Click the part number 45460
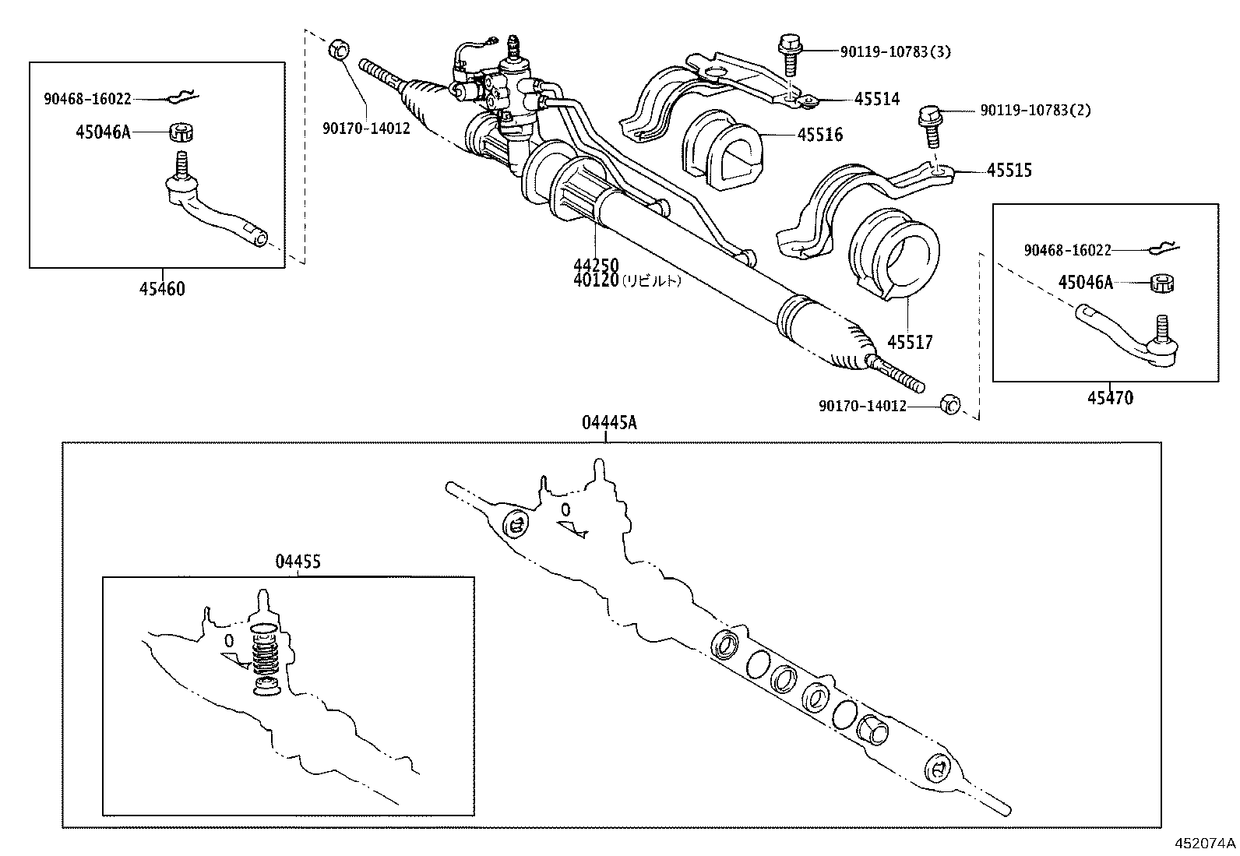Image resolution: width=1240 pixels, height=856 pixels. [x=162, y=289]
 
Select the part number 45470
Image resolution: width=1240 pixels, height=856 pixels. [x=1110, y=398]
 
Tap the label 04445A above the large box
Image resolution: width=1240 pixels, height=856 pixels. [x=608, y=423]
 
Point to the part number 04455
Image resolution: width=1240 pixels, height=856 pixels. [x=298, y=561]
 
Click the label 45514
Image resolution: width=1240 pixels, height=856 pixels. [x=876, y=99]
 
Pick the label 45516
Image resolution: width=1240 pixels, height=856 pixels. [x=819, y=135]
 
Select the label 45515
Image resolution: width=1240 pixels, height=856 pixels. [x=1009, y=170]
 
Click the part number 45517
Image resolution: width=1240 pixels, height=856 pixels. [x=910, y=342]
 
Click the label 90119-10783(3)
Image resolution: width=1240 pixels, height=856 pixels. [x=895, y=52]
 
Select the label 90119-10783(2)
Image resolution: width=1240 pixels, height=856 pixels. [x=1035, y=111]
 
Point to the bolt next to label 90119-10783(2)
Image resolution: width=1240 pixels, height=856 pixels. [x=929, y=126]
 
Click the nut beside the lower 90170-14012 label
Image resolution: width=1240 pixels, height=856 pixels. [x=949, y=404]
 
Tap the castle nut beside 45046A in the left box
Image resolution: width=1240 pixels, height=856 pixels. [x=181, y=131]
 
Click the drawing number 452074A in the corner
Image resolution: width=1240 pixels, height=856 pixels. [x=1205, y=843]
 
